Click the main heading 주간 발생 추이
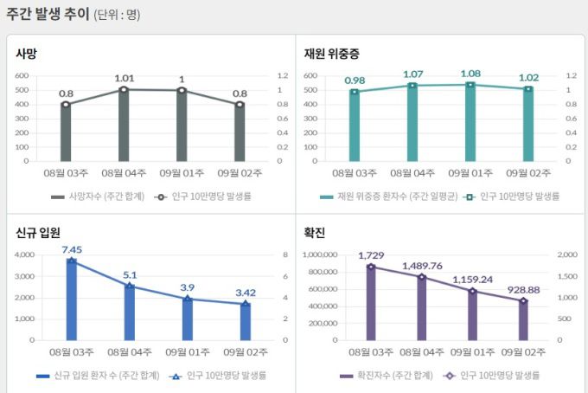tap(47, 15)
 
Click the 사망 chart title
tap(26, 54)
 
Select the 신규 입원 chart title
tap(38, 233)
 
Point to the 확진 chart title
tap(315, 233)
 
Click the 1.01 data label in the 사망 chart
tap(125, 79)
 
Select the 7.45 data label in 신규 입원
tap(72, 249)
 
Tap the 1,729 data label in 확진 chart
tap(371, 256)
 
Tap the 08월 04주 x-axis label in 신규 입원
tap(130, 352)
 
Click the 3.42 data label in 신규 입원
tap(246, 293)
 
